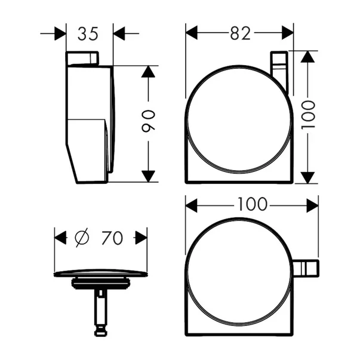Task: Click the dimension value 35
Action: (88, 34)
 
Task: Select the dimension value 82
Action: (239, 34)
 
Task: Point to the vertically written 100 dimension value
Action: (307, 117)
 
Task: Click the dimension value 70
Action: (112, 238)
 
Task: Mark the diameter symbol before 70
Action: (81, 238)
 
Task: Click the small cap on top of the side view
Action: (82, 59)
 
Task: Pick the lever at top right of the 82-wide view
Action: (279, 72)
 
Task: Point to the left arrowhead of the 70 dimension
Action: (60, 238)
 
